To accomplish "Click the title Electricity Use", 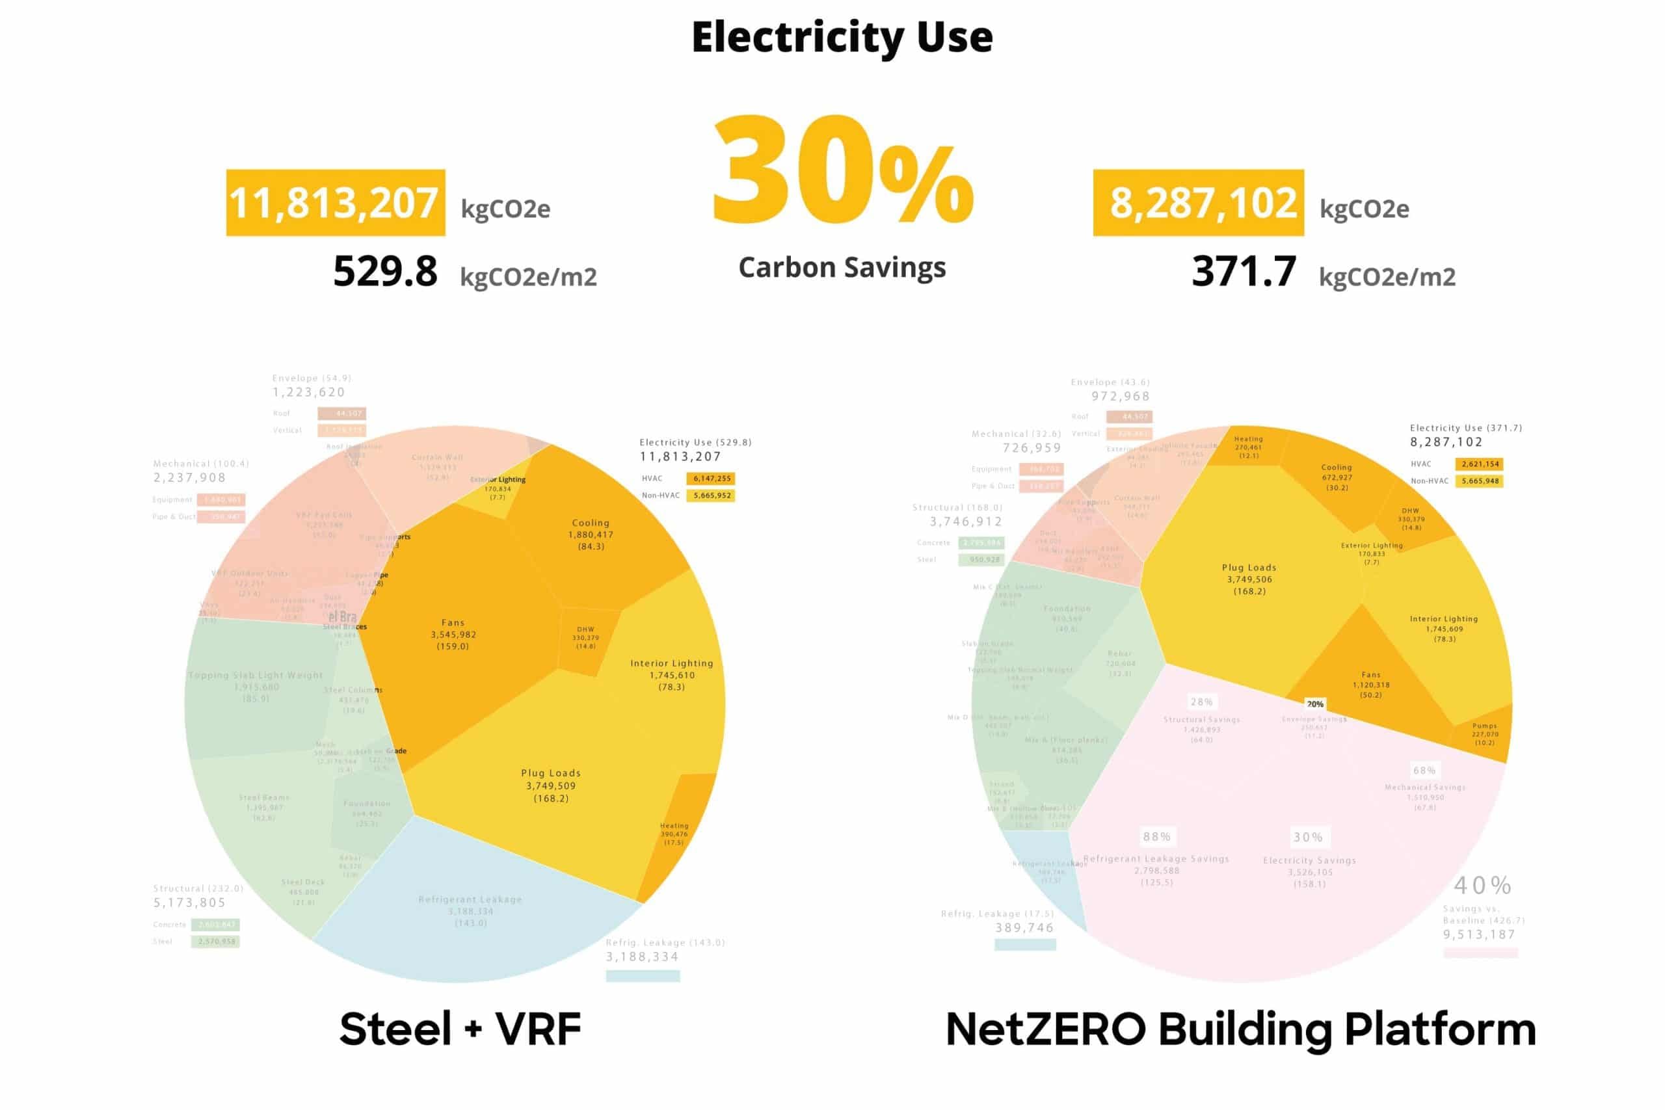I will coord(842,38).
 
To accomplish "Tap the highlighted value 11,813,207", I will coord(335,203).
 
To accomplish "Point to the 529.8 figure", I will coord(385,272).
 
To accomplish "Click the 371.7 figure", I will coord(1243,272).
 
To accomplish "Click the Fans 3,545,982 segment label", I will coord(453,634).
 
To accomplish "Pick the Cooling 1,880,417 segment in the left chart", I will coord(591,535).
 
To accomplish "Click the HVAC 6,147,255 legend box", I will coord(712,479).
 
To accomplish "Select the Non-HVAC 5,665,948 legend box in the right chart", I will coord(1480,481).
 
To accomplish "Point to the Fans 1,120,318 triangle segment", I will coord(1370,684).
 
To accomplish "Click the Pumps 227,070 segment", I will coord(1484,734).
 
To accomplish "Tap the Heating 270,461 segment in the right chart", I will coord(1248,447).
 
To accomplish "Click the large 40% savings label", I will coord(1482,885).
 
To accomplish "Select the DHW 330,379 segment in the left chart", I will coord(585,637).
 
